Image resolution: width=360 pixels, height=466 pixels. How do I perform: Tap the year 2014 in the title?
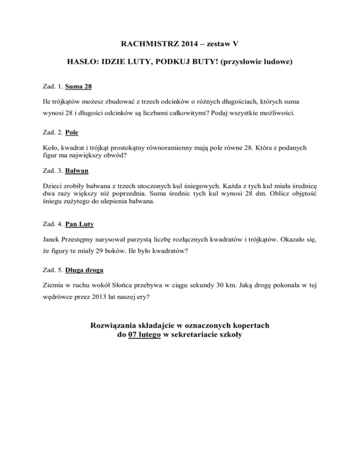pyautogui.click(x=190, y=45)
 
